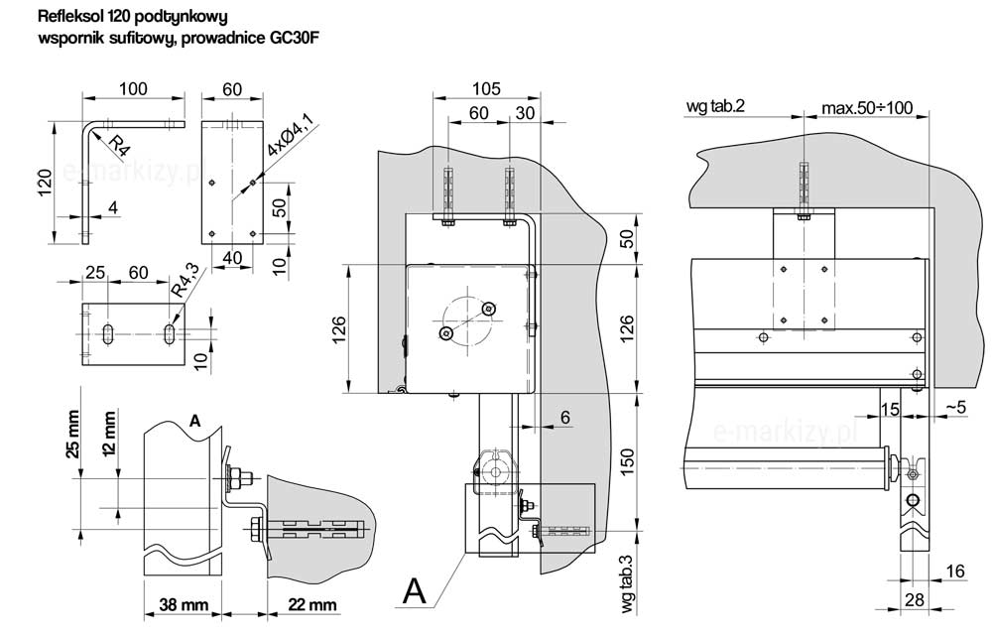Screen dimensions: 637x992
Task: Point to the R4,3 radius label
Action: [x=184, y=279]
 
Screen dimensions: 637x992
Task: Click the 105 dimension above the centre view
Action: [x=486, y=87]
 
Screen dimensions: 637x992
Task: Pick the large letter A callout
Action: [x=416, y=591]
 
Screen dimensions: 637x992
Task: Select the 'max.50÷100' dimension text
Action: [x=867, y=106]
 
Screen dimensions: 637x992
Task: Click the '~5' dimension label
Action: [x=956, y=407]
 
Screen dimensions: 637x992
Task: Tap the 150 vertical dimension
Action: [x=627, y=460]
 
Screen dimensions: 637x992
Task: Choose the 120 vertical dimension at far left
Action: [x=46, y=183]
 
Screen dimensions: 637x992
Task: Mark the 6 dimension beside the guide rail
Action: [x=564, y=419]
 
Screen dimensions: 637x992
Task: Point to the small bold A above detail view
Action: [x=194, y=422]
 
